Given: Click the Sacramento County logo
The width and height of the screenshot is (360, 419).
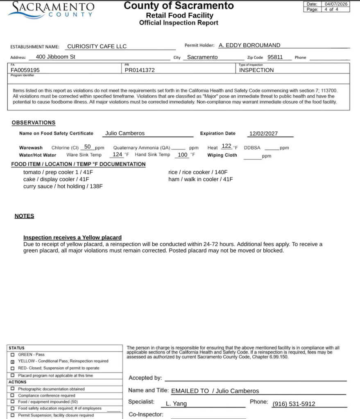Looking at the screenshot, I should pos(51,9).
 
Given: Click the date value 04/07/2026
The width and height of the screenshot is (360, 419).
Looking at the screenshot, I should pos(336,4).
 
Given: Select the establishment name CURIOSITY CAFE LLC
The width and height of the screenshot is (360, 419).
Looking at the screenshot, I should pos(97,46).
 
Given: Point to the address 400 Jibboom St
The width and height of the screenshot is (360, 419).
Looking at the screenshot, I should pos(56,57).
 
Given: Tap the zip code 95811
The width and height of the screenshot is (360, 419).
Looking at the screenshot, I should pos(275,57).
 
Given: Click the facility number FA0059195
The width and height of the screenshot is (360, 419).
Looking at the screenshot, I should pos(25,70).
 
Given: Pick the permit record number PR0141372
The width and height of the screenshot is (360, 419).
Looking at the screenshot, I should pos(140,70).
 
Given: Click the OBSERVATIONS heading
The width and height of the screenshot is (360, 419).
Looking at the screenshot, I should pos(34,122).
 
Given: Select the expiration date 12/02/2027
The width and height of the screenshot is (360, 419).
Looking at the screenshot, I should pos(264,133).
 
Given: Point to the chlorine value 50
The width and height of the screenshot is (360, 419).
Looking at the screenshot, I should pos(87,146).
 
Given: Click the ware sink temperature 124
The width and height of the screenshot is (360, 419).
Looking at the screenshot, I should pos(118,154).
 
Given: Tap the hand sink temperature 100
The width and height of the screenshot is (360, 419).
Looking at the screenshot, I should pos(183,155).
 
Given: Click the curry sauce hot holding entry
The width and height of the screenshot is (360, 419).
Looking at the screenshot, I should pos(63,186).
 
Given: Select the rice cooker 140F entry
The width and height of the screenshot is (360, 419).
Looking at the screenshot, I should pos(198,172).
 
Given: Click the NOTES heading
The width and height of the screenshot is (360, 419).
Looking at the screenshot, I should pos(24,216).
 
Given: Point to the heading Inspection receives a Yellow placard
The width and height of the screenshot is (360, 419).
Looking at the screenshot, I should pos(72,237).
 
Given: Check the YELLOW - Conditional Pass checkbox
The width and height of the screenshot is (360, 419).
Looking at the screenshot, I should pos(13,361).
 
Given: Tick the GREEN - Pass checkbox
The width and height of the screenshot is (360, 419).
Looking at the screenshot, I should pos(13,354).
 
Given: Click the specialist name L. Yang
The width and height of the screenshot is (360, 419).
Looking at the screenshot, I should pos(176,403).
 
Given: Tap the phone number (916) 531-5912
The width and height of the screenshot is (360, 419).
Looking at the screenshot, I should pos(294,404).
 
